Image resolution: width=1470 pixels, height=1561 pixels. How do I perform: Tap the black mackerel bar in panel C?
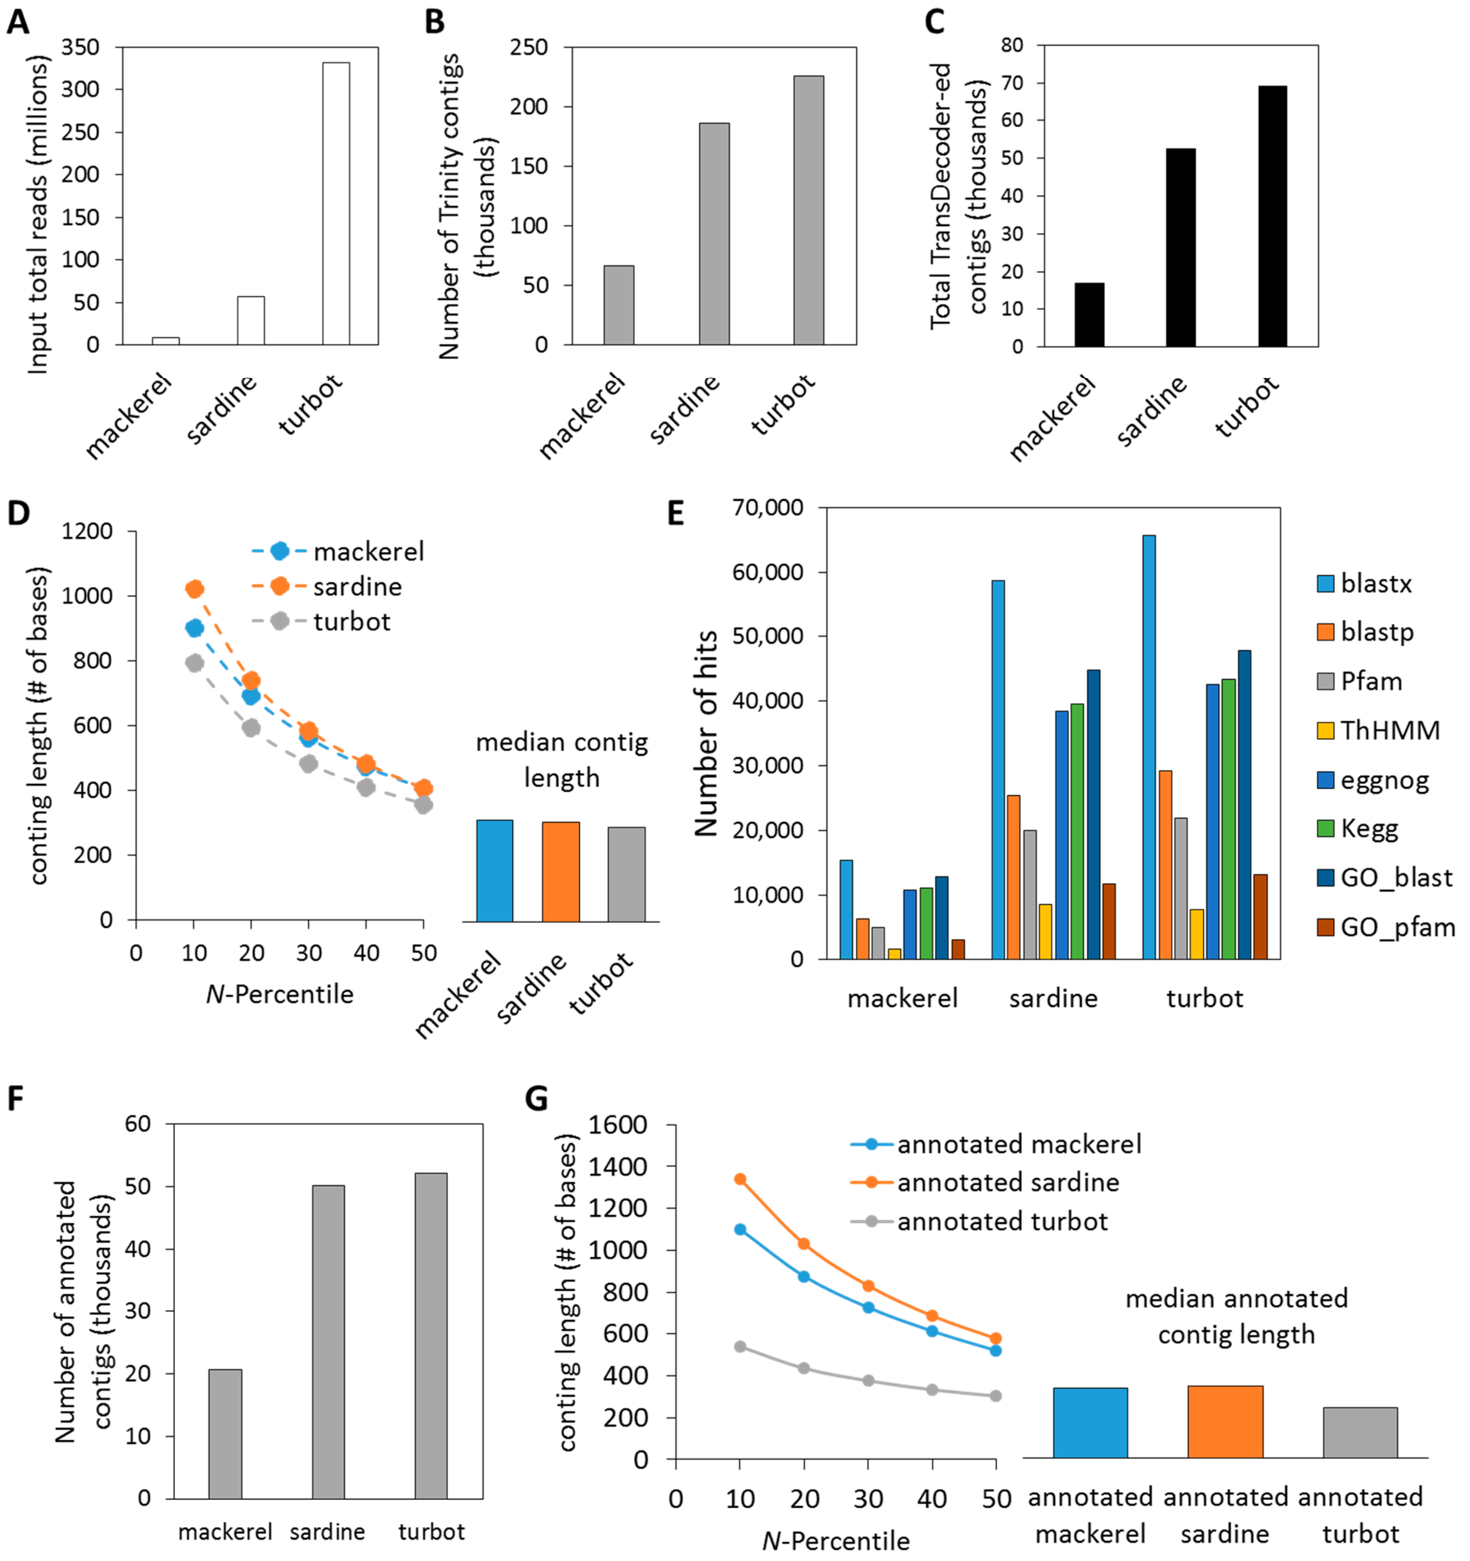click(1089, 314)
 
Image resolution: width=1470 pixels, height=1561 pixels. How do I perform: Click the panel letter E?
click(675, 514)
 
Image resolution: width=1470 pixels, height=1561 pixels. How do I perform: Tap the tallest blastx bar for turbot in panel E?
click(1149, 746)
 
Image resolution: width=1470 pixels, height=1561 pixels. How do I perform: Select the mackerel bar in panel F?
click(225, 1434)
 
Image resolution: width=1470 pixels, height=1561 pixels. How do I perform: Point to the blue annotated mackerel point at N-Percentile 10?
click(740, 1230)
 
